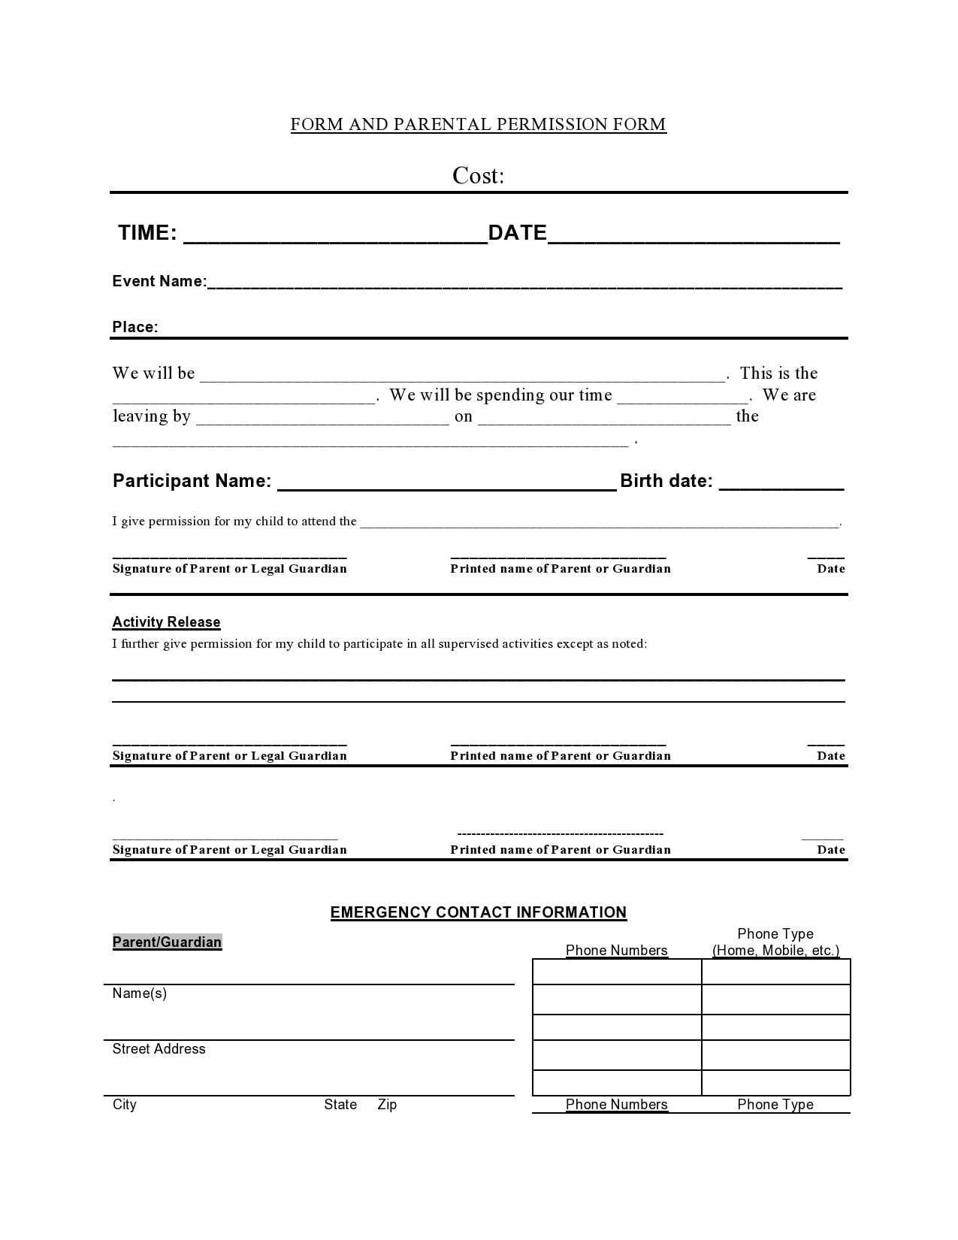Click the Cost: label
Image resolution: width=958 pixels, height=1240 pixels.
click(478, 176)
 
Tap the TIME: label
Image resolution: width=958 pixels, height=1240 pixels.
click(147, 233)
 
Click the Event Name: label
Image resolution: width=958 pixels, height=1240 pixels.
click(159, 281)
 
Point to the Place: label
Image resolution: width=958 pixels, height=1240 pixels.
click(135, 327)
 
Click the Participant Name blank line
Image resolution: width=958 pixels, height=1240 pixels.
click(447, 485)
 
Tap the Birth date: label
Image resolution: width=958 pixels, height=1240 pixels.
click(666, 481)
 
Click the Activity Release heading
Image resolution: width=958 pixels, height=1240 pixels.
click(166, 622)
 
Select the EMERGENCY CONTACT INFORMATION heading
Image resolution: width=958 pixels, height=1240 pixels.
click(478, 912)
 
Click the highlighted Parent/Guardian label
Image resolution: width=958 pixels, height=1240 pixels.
click(167, 942)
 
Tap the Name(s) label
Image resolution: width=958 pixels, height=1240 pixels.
click(140, 994)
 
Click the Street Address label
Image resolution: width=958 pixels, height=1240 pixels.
click(159, 1049)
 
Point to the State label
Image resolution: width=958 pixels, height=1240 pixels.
click(340, 1105)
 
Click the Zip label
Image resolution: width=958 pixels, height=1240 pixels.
click(387, 1105)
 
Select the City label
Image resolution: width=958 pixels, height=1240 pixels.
click(125, 1105)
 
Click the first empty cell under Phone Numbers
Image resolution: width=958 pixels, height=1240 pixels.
click(617, 972)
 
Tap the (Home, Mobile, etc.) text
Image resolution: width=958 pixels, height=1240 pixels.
click(775, 951)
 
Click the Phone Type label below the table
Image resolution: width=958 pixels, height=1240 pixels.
click(775, 1105)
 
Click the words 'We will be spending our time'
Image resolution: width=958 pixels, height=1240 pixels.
click(500, 395)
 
